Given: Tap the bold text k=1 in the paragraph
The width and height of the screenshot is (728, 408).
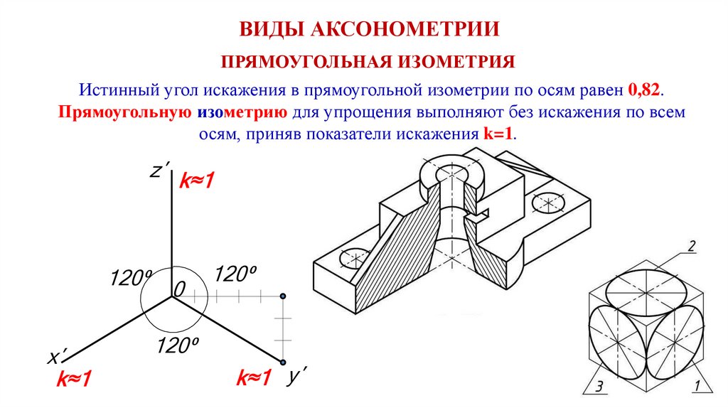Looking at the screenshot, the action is tap(498, 134).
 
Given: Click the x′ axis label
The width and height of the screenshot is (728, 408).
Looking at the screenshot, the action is tap(56, 356).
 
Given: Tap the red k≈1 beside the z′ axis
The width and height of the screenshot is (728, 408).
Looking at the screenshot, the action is tap(196, 182).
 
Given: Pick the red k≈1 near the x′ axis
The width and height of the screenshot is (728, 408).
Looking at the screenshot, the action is tap(75, 380).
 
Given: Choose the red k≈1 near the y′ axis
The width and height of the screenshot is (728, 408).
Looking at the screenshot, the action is tap(254, 377).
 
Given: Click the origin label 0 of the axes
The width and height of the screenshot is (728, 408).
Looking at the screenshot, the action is tap(179, 289).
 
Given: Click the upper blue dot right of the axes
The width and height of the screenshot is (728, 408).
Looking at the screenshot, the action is tap(282, 296).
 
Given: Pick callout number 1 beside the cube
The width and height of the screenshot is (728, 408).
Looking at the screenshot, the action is tap(697, 387).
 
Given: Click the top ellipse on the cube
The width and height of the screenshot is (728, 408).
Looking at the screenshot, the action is tap(643, 289).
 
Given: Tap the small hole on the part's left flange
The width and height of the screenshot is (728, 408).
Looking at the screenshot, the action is tap(353, 258).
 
